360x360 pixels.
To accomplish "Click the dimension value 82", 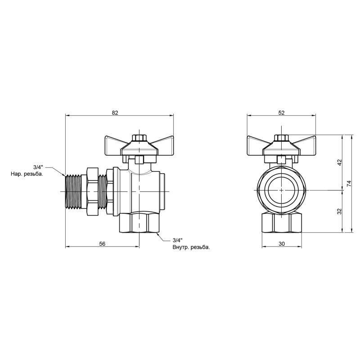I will pos(115,113).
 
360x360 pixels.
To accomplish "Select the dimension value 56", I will pos(102,243).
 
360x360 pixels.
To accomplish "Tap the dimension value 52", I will pos(281,113).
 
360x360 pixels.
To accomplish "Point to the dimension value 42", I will pos(340,162).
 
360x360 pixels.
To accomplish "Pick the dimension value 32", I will pos(340,211).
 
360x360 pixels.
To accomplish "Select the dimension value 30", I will pos(281,243).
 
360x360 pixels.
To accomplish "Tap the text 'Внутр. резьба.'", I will pos(191,247).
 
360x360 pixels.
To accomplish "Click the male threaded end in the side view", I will pos(73,190).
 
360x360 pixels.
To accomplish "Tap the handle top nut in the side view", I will pos(139,138).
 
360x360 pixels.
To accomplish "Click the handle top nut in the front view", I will pos(281,138).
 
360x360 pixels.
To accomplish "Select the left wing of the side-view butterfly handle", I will pos(115,144).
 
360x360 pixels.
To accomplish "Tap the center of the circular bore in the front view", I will pos(281,190).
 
